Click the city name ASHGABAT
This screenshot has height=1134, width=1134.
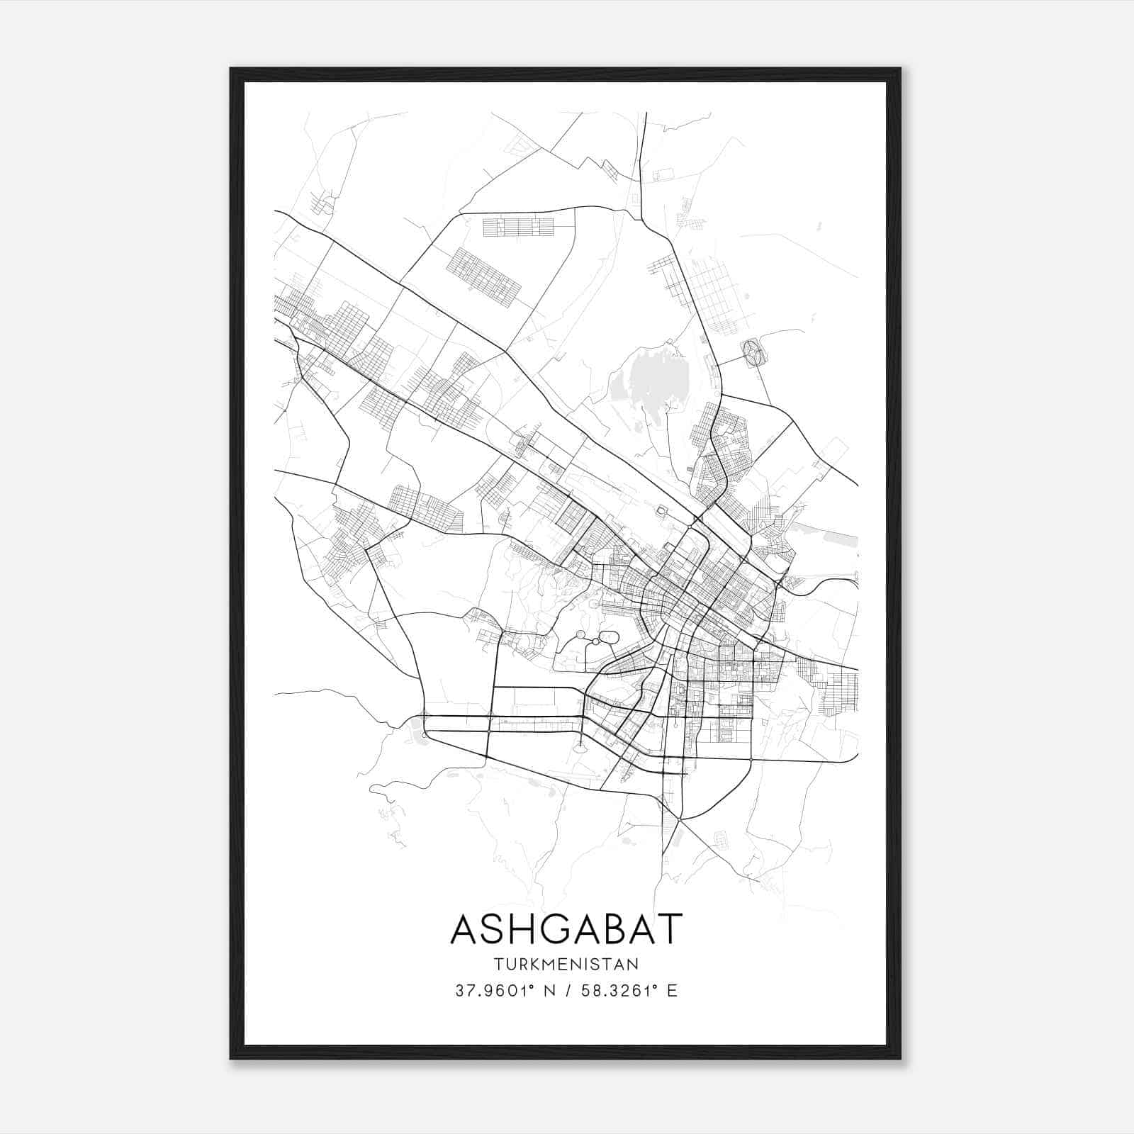pyautogui.click(x=566, y=929)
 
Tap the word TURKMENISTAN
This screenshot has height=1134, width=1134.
pyautogui.click(x=566, y=965)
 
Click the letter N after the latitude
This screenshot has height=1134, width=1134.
pyautogui.click(x=549, y=991)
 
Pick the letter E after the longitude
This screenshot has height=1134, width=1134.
pyautogui.click(x=673, y=991)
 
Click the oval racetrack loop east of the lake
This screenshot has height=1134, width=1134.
pyautogui.click(x=752, y=352)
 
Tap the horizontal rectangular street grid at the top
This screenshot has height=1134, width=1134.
pyautogui.click(x=518, y=227)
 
